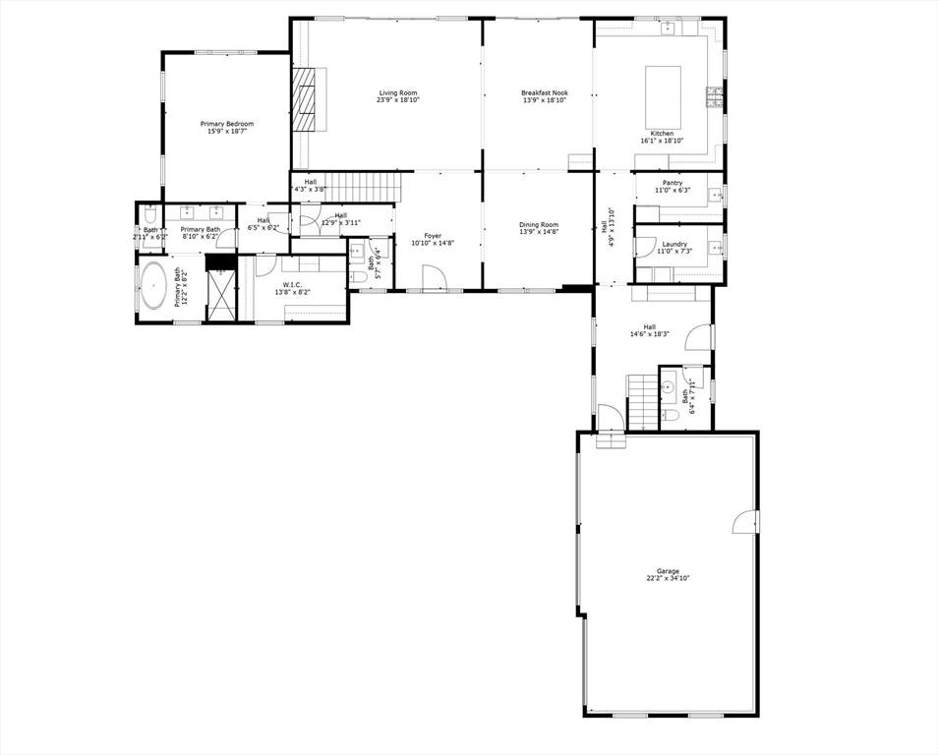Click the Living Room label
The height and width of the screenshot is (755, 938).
pyautogui.click(x=398, y=92)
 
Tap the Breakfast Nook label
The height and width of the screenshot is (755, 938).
pyautogui.click(x=545, y=92)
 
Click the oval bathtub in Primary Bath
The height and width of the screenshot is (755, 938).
pyautogui.click(x=153, y=285)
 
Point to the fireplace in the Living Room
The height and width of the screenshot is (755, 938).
pyautogui.click(x=303, y=98)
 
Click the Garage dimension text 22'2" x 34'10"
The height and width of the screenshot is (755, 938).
pyautogui.click(x=668, y=578)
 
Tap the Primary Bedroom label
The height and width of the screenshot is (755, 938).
pyautogui.click(x=227, y=124)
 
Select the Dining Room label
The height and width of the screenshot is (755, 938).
pyautogui.click(x=539, y=224)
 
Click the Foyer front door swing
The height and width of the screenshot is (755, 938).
pyautogui.click(x=435, y=279)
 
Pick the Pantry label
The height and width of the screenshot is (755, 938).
pyautogui.click(x=673, y=183)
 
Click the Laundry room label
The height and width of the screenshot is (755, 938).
pyautogui.click(x=674, y=244)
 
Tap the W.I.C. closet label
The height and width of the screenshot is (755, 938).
pyautogui.click(x=293, y=285)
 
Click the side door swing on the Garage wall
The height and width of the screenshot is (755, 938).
pyautogui.click(x=744, y=521)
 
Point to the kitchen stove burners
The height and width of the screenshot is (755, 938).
pyautogui.click(x=715, y=97)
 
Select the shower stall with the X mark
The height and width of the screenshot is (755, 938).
pyautogui.click(x=221, y=294)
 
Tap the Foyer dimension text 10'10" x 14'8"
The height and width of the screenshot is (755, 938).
pyautogui.click(x=433, y=244)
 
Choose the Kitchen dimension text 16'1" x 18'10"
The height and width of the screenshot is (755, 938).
pyautogui.click(x=663, y=141)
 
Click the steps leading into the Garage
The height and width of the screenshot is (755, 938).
pyautogui.click(x=611, y=440)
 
